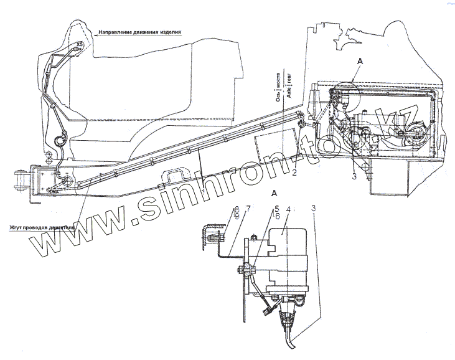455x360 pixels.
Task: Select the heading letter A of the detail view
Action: tap(274, 194)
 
